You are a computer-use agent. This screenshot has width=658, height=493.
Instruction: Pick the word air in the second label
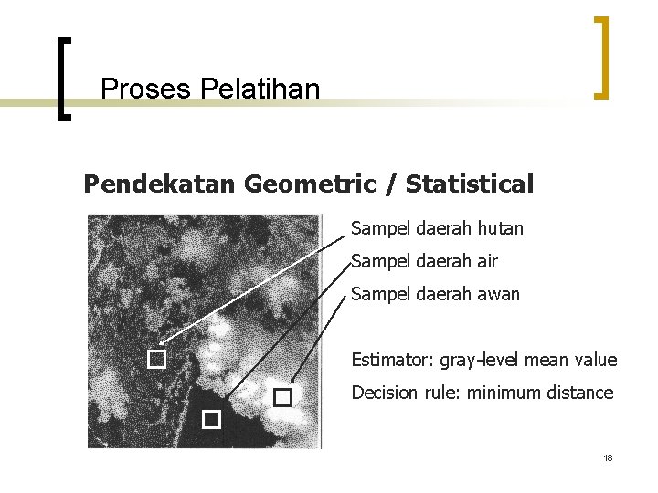point(487,261)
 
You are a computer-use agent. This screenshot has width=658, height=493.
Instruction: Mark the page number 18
point(608,456)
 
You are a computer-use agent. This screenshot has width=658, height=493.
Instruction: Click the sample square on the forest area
point(156,360)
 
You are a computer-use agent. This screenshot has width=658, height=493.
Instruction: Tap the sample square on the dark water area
point(212,419)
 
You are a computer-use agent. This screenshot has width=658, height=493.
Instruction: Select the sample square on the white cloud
point(282,397)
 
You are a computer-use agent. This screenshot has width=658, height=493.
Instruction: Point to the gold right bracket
point(602,57)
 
